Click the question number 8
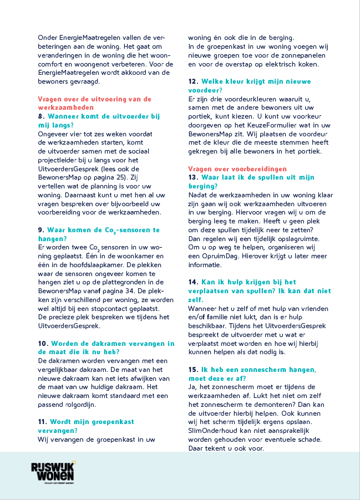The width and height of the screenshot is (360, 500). coord(41,116)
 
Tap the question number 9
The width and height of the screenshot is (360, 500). coord(41,229)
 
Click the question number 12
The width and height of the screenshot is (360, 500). coord(194,81)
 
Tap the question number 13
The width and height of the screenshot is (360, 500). coord(194,177)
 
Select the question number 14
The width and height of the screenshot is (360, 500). coord(194,282)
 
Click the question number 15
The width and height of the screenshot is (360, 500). coord(194,369)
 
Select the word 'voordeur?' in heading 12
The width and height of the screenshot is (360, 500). coord(205,90)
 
